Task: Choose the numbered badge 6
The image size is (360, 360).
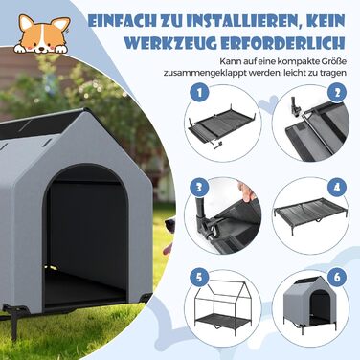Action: [336, 278]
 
